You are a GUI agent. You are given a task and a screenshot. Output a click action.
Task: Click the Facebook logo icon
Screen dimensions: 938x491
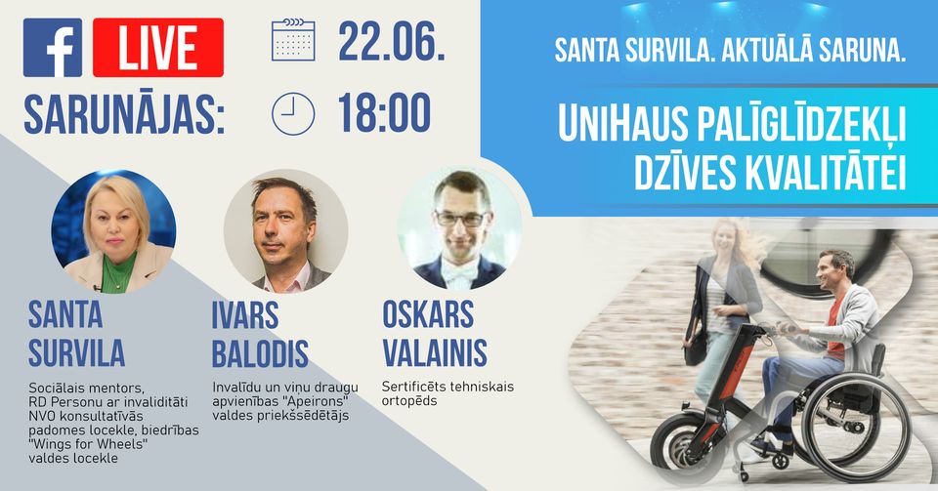pos(53,48)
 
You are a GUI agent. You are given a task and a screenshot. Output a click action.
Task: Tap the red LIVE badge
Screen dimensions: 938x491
pos(158,48)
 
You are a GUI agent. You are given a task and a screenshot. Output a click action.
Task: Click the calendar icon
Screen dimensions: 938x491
pos(293,40)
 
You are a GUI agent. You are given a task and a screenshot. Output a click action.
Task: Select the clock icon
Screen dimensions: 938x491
pos(293,113)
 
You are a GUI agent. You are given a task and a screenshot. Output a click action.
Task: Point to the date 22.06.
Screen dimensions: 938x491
pos(392,41)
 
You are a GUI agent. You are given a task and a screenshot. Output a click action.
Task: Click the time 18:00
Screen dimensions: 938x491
pos(384,112)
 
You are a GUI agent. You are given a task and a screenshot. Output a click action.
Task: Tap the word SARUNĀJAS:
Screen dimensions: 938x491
pos(124,114)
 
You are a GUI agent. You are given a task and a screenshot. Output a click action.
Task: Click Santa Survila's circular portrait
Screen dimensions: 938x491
pos(113,231)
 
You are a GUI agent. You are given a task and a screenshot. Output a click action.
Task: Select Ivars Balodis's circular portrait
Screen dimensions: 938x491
pos(286,231)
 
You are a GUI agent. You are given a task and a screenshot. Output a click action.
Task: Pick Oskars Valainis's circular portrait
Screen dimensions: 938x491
pos(459,227)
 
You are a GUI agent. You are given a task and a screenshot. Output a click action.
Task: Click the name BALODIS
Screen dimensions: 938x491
pos(260,353)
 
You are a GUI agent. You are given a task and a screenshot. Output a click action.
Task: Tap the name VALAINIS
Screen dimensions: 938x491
pos(435,353)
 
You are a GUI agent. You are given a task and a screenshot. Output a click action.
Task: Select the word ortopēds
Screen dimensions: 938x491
pos(409,401)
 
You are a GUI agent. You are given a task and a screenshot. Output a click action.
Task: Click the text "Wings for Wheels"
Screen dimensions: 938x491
pos(88,444)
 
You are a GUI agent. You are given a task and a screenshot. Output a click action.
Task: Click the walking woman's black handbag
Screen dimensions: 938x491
pos(695,348)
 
